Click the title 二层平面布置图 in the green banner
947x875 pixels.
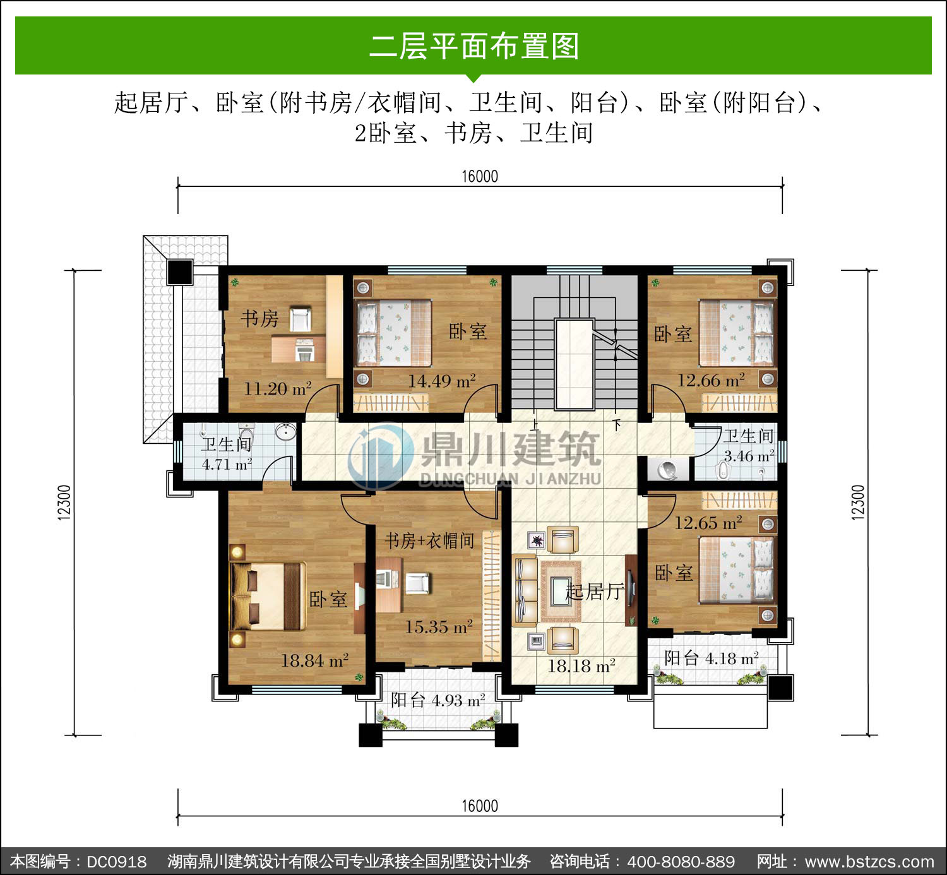pyautogui.click(x=474, y=46)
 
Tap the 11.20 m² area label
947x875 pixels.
pyautogui.click(x=278, y=389)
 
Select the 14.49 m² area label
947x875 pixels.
pyautogui.click(x=441, y=381)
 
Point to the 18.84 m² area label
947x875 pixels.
pyautogui.click(x=314, y=660)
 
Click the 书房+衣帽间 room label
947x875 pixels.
pyautogui.click(x=429, y=541)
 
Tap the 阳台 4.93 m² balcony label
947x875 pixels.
pyautogui.click(x=438, y=700)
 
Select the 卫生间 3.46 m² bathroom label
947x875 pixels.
pyautogui.click(x=749, y=446)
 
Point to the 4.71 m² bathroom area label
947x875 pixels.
pyautogui.click(x=227, y=464)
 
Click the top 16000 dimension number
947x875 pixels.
pyautogui.click(x=480, y=176)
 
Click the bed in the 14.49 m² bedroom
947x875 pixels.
pyautogui.click(x=394, y=332)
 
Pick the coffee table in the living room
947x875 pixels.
pyautogui.click(x=561, y=592)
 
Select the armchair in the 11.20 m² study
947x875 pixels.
pyautogui.click(x=300, y=319)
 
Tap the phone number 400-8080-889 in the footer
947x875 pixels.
pyautogui.click(x=681, y=862)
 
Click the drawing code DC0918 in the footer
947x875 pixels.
pyautogui.click(x=116, y=862)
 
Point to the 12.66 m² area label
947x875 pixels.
pyautogui.click(x=711, y=380)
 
